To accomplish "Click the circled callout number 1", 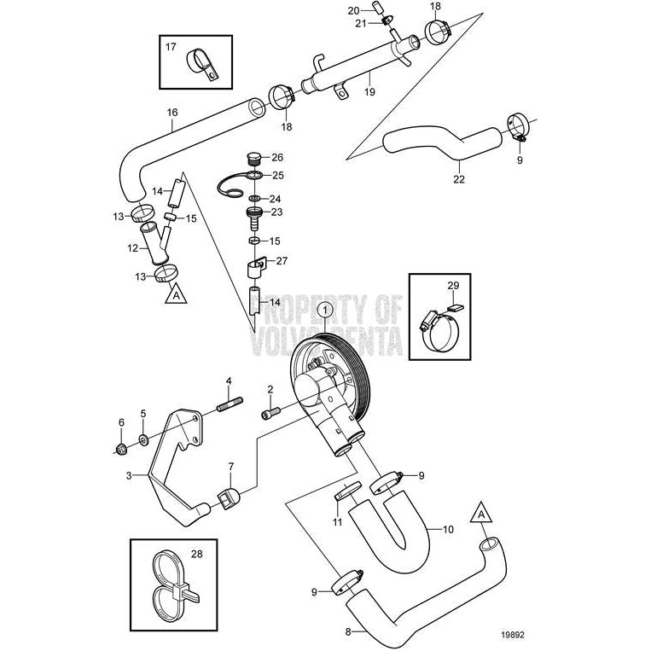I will [x=323, y=312].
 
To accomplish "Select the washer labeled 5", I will [x=142, y=440].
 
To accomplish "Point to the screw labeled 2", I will [x=269, y=415].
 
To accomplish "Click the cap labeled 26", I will [x=252, y=158].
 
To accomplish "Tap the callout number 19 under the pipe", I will [x=369, y=89].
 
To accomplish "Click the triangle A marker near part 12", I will [x=174, y=295].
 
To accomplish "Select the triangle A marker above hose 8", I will [x=481, y=514].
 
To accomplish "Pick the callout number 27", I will [x=282, y=260].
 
